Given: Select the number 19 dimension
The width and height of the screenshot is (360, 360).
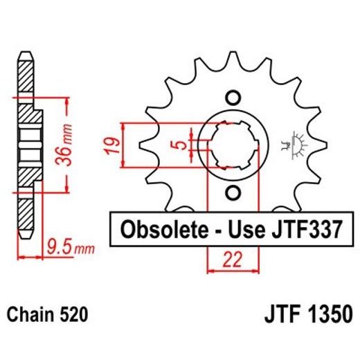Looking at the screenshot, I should click(x=115, y=145).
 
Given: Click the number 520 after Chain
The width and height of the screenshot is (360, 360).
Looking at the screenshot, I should click(x=73, y=315).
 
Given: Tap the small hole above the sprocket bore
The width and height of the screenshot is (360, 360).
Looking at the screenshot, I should click(x=233, y=97).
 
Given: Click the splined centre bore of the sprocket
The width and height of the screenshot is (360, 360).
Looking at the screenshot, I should click(x=233, y=145).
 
